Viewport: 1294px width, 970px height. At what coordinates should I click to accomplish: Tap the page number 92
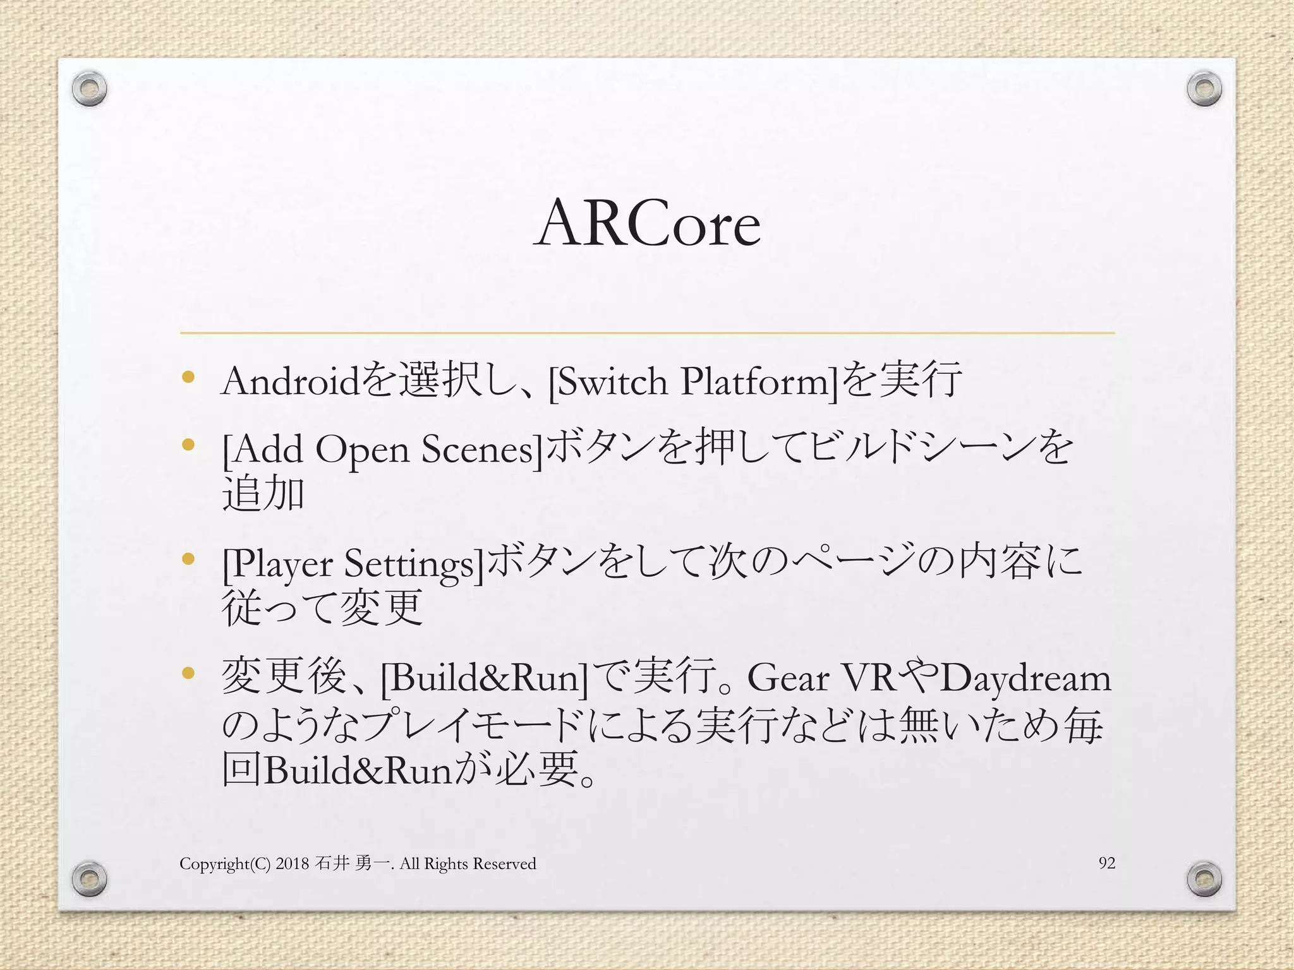pyautogui.click(x=1107, y=863)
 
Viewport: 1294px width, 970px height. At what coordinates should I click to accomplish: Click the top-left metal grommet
pyautogui.click(x=89, y=90)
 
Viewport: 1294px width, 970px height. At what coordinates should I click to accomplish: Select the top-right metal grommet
pyautogui.click(x=1204, y=90)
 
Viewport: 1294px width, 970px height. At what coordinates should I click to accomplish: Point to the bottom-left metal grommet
pyautogui.click(x=89, y=878)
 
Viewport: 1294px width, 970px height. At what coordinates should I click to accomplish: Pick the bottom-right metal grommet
pyautogui.click(x=1204, y=878)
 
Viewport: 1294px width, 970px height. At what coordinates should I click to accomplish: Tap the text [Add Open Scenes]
pyautogui.click(x=382, y=450)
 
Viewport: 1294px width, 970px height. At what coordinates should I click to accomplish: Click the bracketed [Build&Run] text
pyautogui.click(x=484, y=678)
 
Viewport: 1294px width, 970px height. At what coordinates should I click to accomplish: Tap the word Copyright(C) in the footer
pyautogui.click(x=225, y=864)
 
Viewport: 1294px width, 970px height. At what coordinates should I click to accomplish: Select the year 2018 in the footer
pyautogui.click(x=292, y=863)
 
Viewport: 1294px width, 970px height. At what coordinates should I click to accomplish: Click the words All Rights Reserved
pyautogui.click(x=468, y=863)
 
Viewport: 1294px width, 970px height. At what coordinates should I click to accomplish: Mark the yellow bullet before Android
pyautogui.click(x=188, y=378)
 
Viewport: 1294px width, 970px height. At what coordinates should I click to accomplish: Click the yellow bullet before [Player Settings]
pyautogui.click(x=188, y=559)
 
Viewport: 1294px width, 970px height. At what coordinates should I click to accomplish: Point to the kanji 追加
pyautogui.click(x=263, y=494)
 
